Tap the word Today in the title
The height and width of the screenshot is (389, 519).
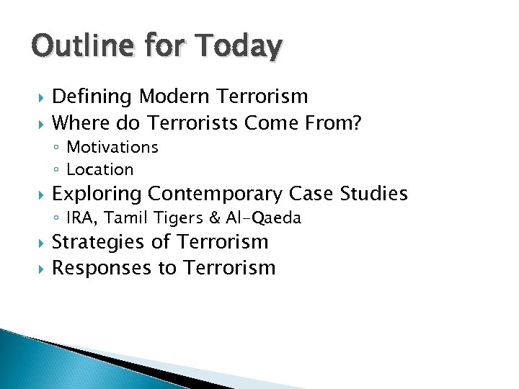[x=238, y=46]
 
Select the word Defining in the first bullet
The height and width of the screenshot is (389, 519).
[x=93, y=97]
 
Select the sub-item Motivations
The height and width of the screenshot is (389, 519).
[x=112, y=147]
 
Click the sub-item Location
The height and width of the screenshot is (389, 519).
[x=99, y=170]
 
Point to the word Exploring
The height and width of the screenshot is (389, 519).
[x=97, y=194]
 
